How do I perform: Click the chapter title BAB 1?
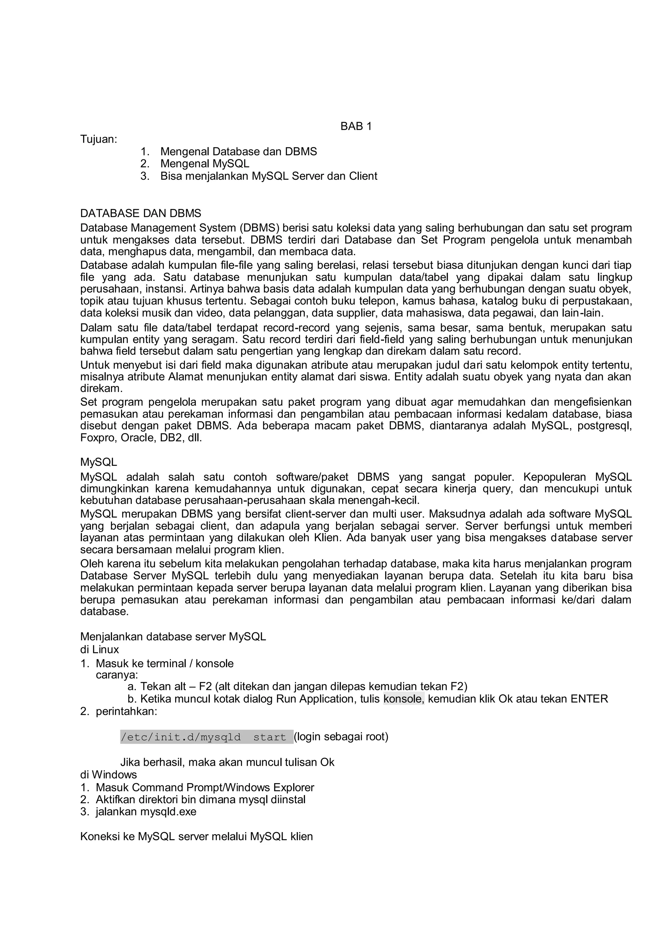pyautogui.click(x=356, y=127)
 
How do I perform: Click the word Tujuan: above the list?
pyautogui.click(x=99, y=139)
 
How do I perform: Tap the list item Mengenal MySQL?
pyautogui.click(x=205, y=164)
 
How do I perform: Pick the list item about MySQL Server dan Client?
pyautogui.click(x=269, y=176)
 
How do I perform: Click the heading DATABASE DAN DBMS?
pyautogui.click(x=140, y=213)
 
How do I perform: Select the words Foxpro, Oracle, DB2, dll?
pyautogui.click(x=141, y=438)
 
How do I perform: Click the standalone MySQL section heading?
pyautogui.click(x=98, y=462)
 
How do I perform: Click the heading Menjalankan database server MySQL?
pyautogui.click(x=173, y=636)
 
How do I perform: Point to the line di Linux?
pyautogui.click(x=100, y=649)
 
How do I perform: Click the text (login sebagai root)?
pyautogui.click(x=341, y=736)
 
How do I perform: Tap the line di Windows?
pyautogui.click(x=108, y=774)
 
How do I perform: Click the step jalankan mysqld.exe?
pyautogui.click(x=146, y=811)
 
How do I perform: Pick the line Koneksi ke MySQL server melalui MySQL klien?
pyautogui.click(x=197, y=836)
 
